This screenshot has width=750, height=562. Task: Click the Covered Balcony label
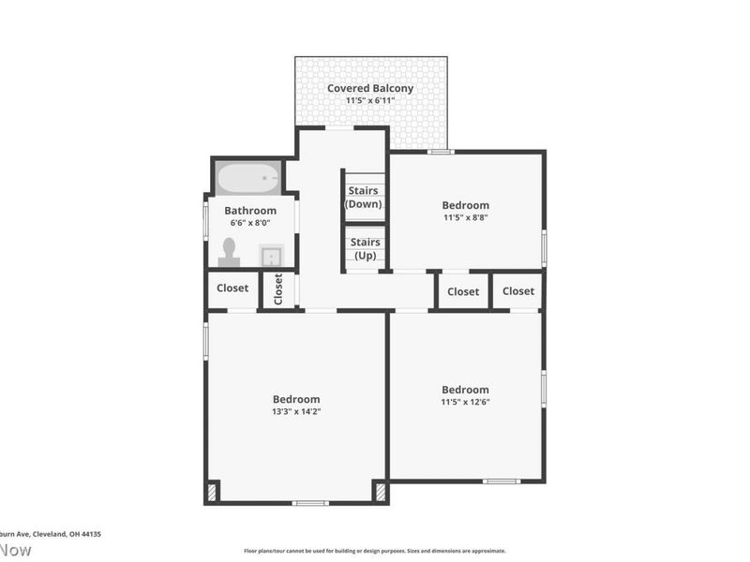(369, 89)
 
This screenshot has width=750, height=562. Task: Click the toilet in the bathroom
(229, 251)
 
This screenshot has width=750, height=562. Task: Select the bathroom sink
(271, 255)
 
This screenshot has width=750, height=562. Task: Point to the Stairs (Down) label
(364, 197)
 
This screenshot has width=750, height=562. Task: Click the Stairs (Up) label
(365, 248)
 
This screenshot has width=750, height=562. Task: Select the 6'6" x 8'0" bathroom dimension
(250, 223)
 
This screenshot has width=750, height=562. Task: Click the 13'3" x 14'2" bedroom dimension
(296, 411)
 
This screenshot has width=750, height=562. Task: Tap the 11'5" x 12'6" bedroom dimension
(465, 402)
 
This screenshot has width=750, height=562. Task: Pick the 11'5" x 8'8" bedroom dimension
(465, 217)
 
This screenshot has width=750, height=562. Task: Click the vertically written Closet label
(278, 289)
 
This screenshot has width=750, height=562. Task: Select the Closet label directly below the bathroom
(232, 288)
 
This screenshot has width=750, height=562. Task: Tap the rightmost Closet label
(517, 291)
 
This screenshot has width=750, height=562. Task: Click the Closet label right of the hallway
(463, 291)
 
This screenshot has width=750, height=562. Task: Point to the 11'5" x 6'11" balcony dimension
(369, 101)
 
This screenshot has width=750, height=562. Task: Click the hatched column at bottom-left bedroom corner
(212, 492)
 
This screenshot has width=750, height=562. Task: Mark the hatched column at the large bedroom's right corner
(380, 492)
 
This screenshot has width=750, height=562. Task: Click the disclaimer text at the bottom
(375, 551)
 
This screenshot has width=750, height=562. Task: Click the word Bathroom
(250, 211)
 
